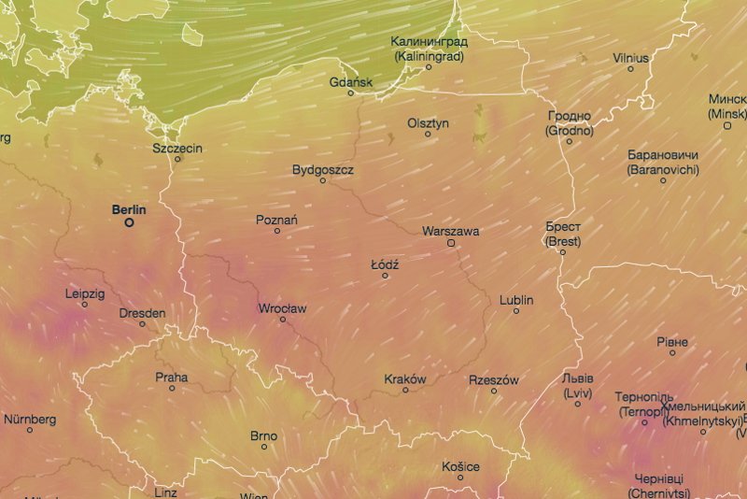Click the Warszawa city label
pos(450,230)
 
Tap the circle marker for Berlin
pos(129,222)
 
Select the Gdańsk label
pos(351,82)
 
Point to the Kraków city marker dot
pos(405,390)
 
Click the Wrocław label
pos(282,308)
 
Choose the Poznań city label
pos(276,221)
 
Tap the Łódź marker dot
pos(385,276)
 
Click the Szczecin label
pos(177,148)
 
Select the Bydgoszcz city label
pos(323,170)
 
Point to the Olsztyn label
pos(429,123)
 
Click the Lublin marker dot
pos(516,311)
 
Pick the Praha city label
pos(172,378)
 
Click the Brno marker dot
pos(264,447)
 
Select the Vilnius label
pos(630,58)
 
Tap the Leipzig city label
pos(85,293)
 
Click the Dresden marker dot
pos(143,324)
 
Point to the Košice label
pos(460,466)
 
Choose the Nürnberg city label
pos(30,420)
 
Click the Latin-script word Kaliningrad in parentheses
pos(429,56)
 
